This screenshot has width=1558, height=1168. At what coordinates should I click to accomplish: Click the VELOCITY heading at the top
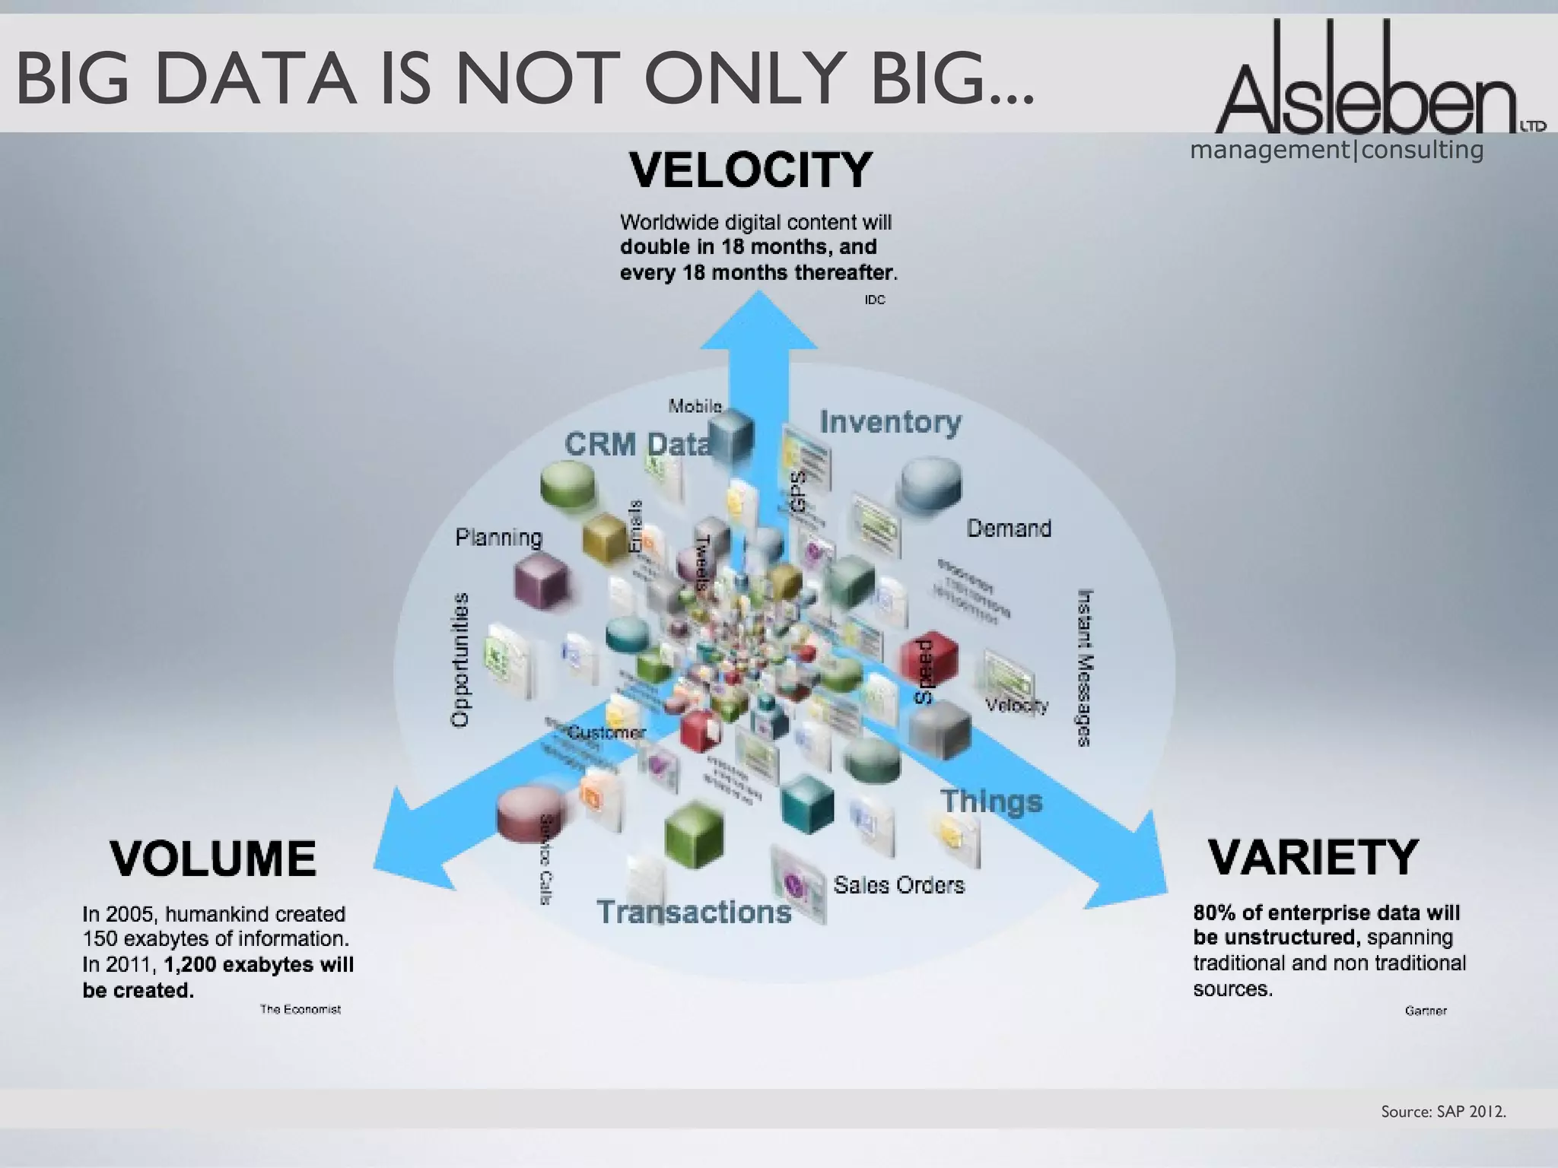[x=750, y=170]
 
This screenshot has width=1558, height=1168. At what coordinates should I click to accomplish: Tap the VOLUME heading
[x=213, y=859]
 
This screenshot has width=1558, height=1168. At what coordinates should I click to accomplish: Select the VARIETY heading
[x=1313, y=857]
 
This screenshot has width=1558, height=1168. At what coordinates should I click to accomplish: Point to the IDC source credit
[x=874, y=300]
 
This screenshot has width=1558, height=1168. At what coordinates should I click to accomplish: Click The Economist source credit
[x=300, y=1009]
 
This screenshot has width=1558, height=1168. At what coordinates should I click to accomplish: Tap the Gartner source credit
[x=1425, y=1011]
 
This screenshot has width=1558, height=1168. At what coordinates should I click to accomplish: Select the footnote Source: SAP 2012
[x=1443, y=1112]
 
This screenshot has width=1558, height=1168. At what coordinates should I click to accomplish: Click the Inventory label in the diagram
[x=890, y=421]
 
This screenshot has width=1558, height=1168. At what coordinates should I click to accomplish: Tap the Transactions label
[x=694, y=912]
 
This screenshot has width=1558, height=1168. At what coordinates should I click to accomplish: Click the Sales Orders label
[x=898, y=885]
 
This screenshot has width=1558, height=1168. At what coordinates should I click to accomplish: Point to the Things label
[x=990, y=801]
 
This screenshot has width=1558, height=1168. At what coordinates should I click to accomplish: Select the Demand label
[x=1009, y=528]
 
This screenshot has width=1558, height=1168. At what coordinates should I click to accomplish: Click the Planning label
[x=499, y=538]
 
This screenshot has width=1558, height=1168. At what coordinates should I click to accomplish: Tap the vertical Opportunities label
[x=460, y=659]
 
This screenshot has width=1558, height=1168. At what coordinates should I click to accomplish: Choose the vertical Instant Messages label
[x=1085, y=667]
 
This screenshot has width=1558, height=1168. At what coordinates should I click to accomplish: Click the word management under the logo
[x=1269, y=150]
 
